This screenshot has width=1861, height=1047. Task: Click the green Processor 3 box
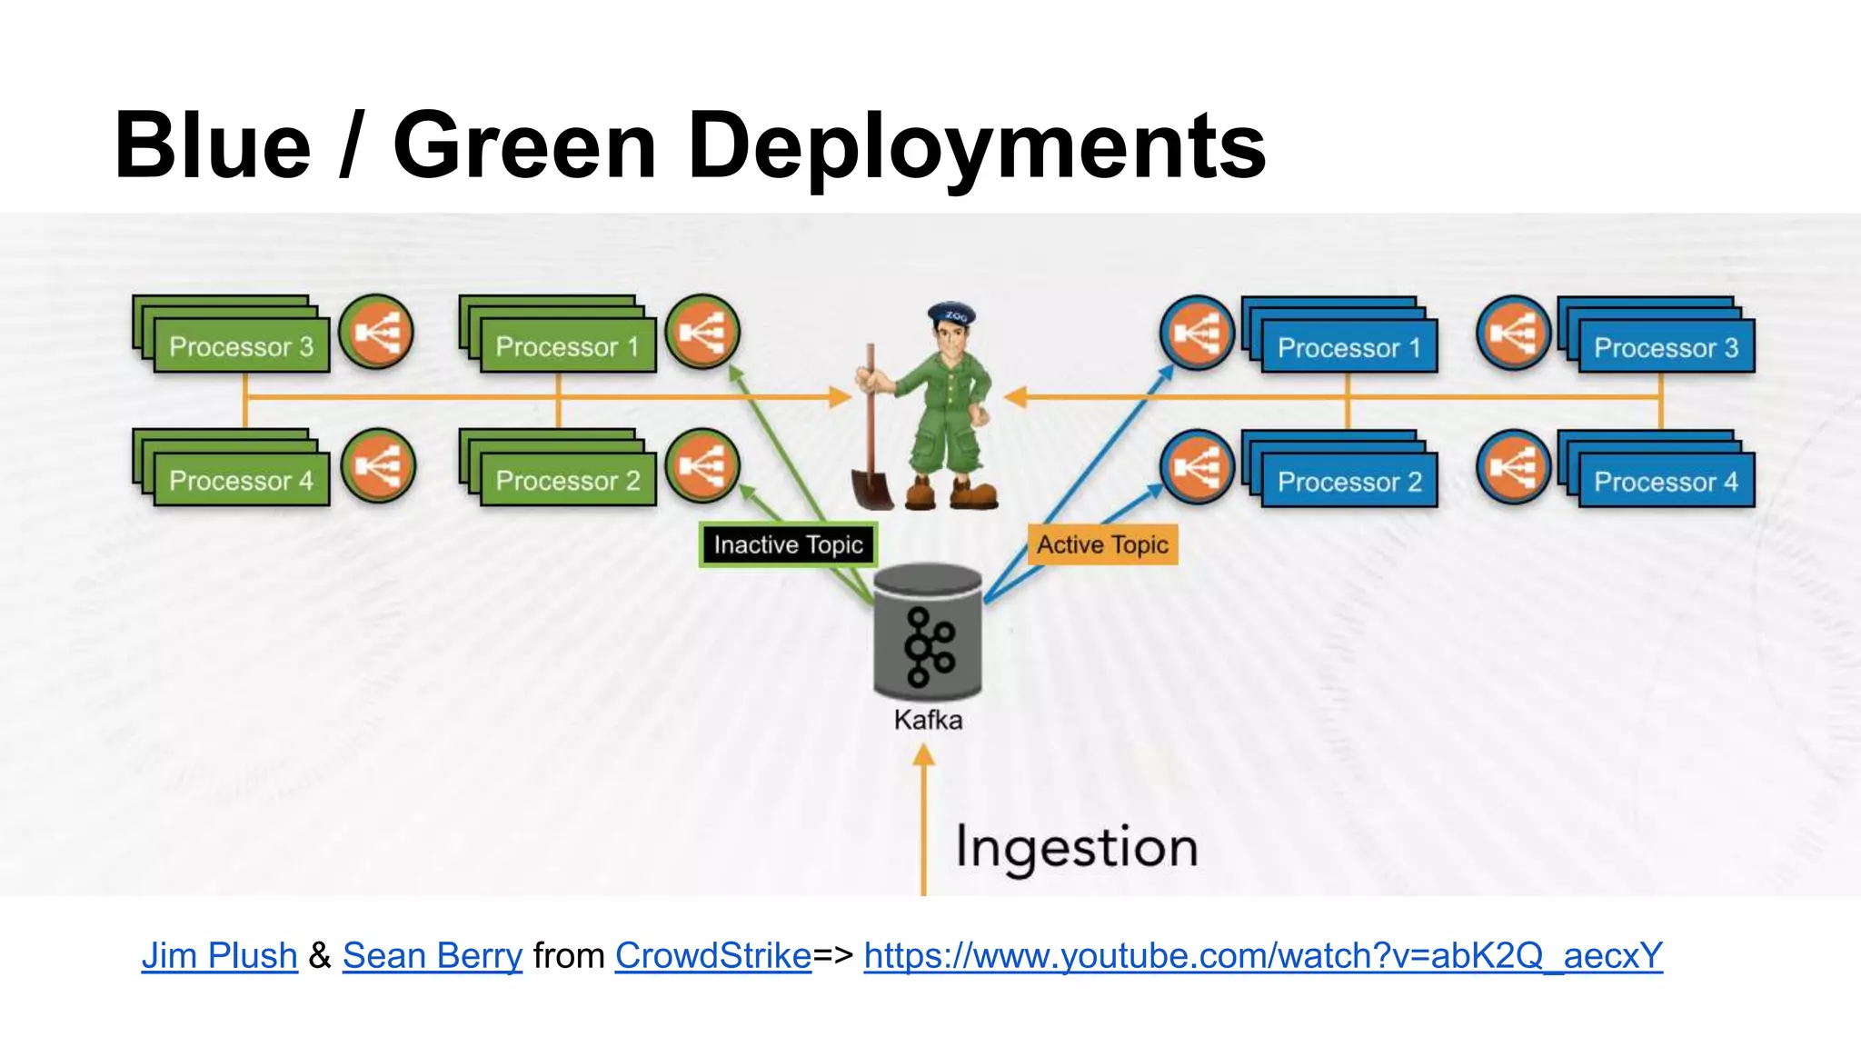coord(240,346)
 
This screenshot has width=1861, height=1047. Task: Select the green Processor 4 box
coord(240,480)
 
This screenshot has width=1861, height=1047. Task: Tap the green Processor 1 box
coord(567,346)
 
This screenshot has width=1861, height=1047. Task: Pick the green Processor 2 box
coord(567,480)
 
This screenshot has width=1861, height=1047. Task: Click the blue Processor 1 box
coord(1348,347)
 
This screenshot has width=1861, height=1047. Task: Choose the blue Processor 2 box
coord(1348,481)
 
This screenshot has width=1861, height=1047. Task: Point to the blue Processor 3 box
coord(1665,347)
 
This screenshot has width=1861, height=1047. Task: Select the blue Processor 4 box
coord(1665,481)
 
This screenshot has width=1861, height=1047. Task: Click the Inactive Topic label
coord(788,544)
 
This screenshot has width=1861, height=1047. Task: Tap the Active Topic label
coord(1102,544)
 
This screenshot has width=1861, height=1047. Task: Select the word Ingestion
coord(1077,848)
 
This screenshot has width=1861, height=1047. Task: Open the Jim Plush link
coord(220,955)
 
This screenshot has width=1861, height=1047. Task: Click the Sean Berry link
coord(432,955)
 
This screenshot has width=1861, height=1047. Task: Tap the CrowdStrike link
coord(712,955)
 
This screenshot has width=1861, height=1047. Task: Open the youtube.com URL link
coord(1263,955)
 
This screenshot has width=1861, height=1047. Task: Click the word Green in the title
coord(524,145)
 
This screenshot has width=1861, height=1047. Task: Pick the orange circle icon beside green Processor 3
coord(376,333)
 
